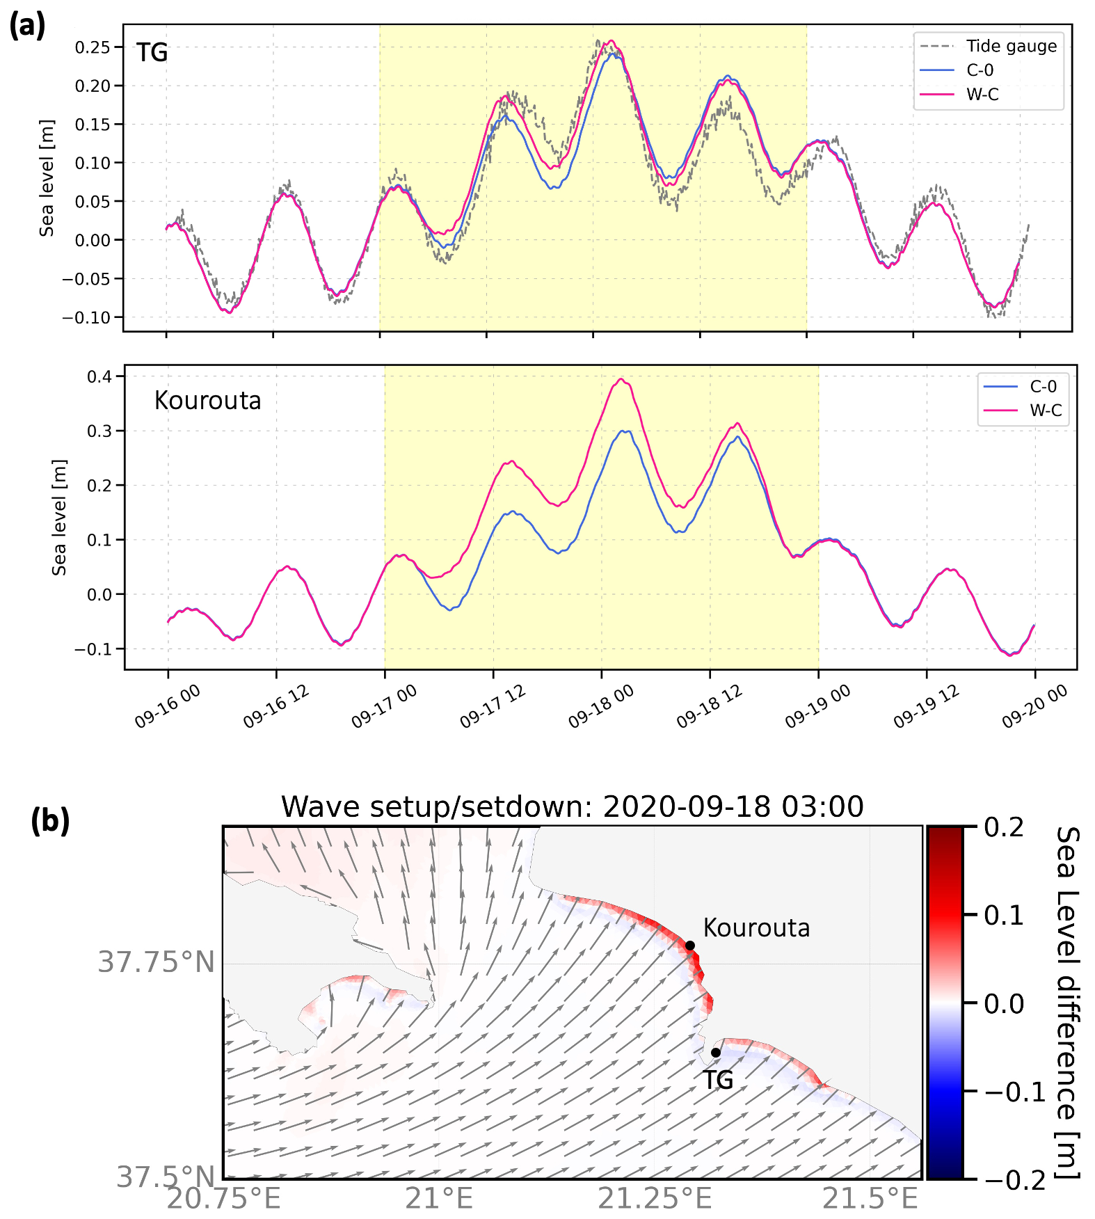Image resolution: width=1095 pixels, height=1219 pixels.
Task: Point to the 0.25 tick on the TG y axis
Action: coord(93,47)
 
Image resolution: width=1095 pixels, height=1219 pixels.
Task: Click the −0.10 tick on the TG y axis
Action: coord(86,317)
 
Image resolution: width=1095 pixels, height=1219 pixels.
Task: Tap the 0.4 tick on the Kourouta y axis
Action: coord(99,376)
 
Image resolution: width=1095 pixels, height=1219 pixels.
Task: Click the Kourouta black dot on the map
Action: coord(690,945)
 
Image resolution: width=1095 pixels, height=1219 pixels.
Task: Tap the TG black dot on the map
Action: coord(716,1052)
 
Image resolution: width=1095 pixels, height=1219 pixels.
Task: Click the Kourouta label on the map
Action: coord(756,928)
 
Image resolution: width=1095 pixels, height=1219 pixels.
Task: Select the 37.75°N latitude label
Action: coord(156,962)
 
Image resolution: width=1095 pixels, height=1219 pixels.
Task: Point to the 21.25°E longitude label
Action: coord(655,1199)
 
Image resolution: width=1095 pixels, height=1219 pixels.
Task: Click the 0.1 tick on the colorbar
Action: coord(1004,915)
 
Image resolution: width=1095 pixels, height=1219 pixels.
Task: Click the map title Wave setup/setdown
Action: coord(572,807)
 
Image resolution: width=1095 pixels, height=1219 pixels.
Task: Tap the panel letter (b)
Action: coord(50,821)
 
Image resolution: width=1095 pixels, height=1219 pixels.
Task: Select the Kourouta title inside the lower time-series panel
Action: coord(207,401)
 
